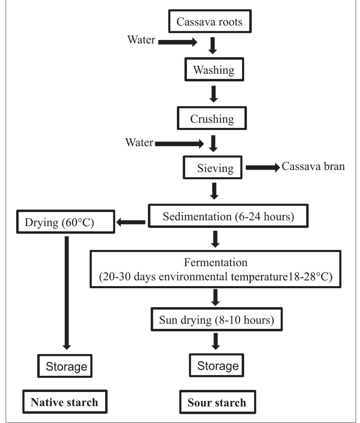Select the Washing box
coord(213,70)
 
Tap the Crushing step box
coord(212,119)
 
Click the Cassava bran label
coord(313,167)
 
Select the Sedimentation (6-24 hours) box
coord(228,216)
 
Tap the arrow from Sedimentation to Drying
coord(131,223)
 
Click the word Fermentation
coord(216,263)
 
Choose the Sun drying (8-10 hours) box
coord(216,320)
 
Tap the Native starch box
coord(64,402)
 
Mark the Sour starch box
coord(217,403)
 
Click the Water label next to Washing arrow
coord(141,40)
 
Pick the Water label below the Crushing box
coord(139,142)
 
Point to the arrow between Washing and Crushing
coord(214,94)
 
